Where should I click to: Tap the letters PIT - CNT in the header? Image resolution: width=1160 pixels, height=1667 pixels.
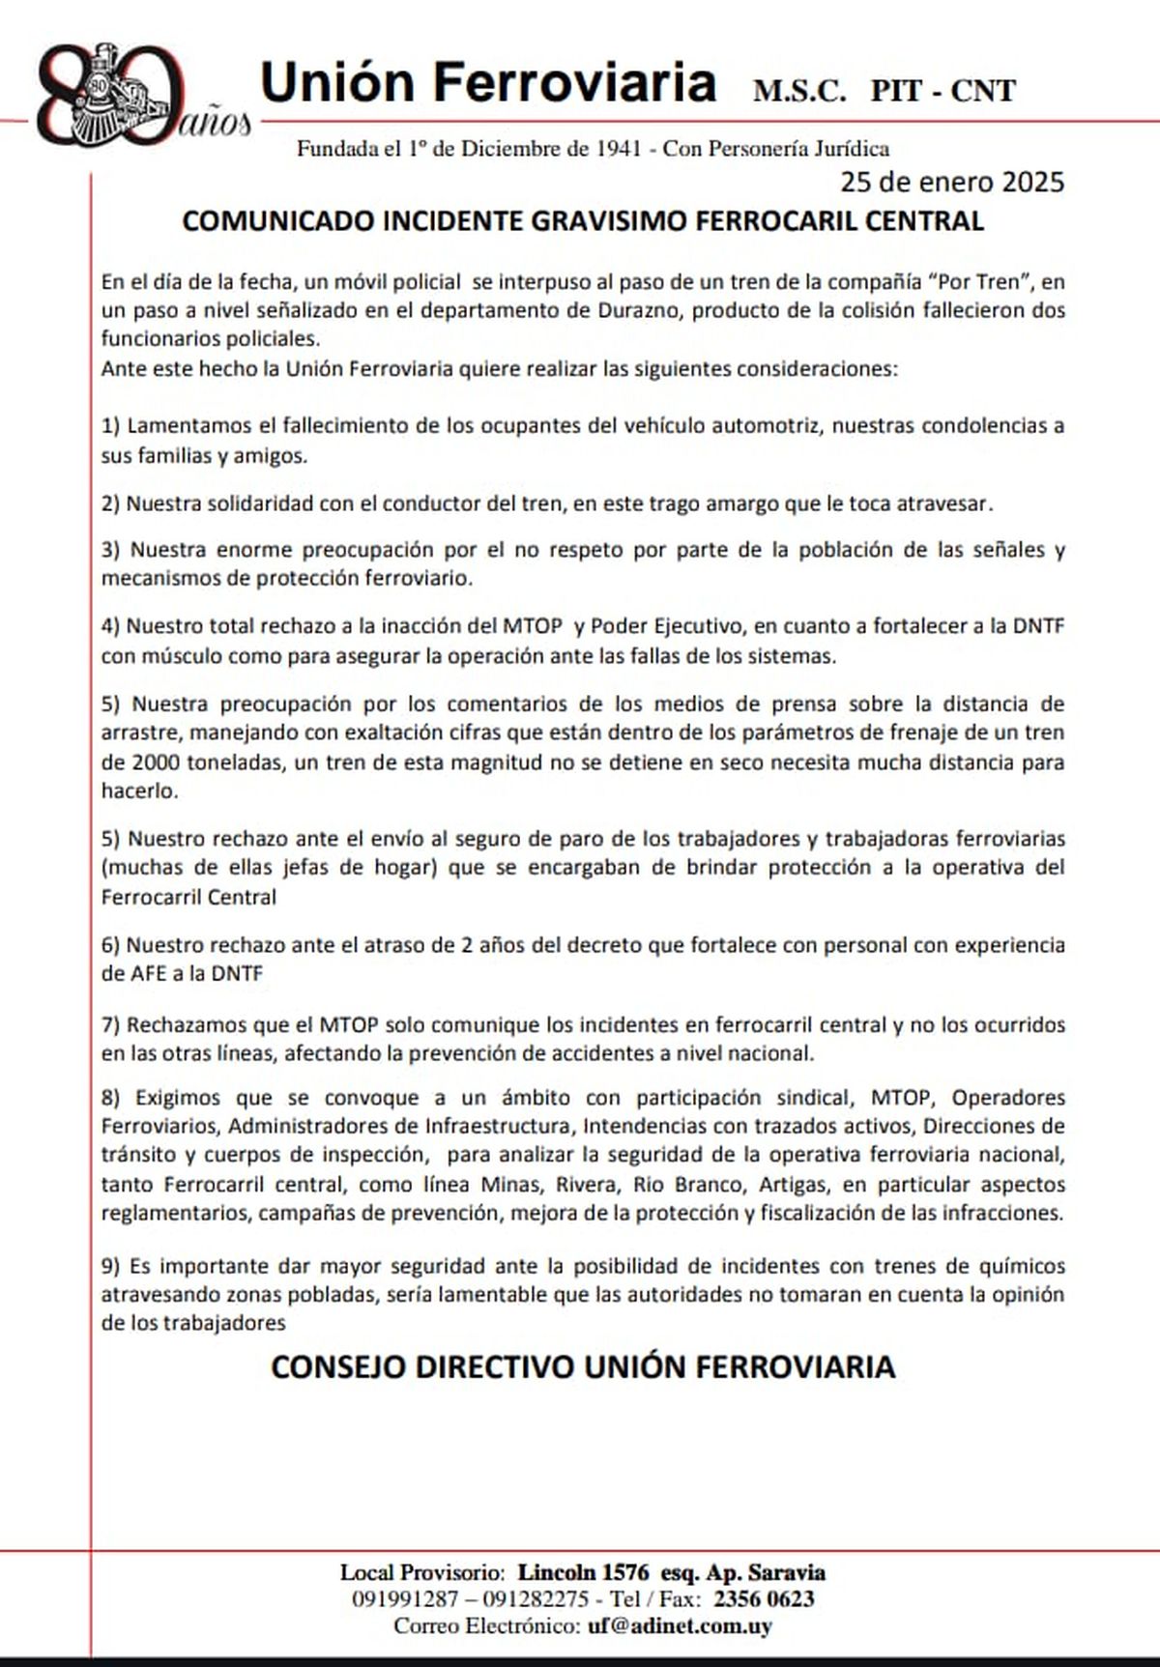(x=942, y=91)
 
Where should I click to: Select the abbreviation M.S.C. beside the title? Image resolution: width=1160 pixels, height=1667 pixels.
(x=799, y=91)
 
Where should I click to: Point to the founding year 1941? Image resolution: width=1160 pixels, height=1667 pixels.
(x=619, y=149)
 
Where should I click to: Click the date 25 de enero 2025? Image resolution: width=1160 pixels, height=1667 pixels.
(x=952, y=182)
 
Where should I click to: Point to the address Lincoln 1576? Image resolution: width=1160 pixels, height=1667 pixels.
(x=583, y=1572)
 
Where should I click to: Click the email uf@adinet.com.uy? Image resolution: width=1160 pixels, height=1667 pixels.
(x=680, y=1626)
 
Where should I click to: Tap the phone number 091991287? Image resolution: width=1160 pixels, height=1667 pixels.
(x=405, y=1599)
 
